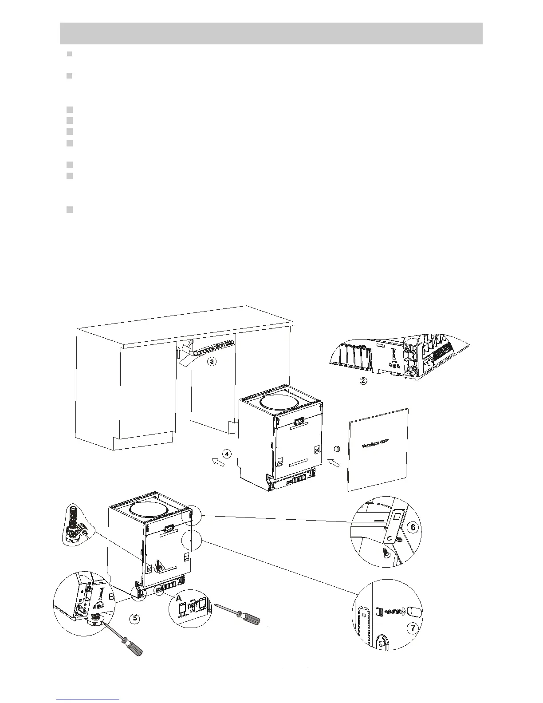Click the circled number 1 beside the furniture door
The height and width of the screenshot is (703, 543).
pyautogui.click(x=337, y=449)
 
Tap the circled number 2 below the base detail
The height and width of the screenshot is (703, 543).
pyautogui.click(x=363, y=381)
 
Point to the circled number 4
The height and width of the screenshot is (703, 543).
pyautogui.click(x=227, y=454)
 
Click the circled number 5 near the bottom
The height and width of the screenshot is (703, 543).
pyautogui.click(x=136, y=617)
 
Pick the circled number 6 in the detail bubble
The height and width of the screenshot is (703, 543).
pyautogui.click(x=413, y=528)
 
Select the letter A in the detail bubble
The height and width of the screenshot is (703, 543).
pyautogui.click(x=179, y=599)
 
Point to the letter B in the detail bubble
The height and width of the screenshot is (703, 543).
pyautogui.click(x=112, y=597)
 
